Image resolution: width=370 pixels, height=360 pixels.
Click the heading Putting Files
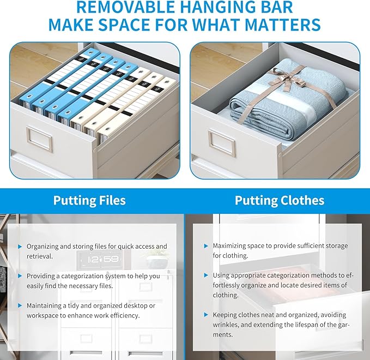[x=89, y=200]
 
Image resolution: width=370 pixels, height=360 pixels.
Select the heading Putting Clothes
[x=280, y=200]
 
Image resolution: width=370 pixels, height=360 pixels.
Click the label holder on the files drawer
[x=39, y=139]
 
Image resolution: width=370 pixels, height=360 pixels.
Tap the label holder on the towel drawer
[x=222, y=143]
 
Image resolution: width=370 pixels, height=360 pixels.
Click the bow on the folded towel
[x=286, y=79]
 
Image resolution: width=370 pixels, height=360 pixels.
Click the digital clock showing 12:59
[x=101, y=260]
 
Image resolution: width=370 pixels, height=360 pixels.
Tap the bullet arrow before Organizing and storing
[x=20, y=247]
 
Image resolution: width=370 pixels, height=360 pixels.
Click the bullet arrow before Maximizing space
[x=206, y=246]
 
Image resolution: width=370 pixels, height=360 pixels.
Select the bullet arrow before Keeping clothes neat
[x=206, y=315]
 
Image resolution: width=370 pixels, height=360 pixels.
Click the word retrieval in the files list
[x=40, y=256]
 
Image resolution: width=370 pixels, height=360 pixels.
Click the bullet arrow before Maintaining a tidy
[x=20, y=305]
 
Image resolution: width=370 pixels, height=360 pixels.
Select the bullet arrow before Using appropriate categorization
[x=206, y=275]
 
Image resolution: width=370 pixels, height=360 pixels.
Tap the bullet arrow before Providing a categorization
[x=20, y=276]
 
